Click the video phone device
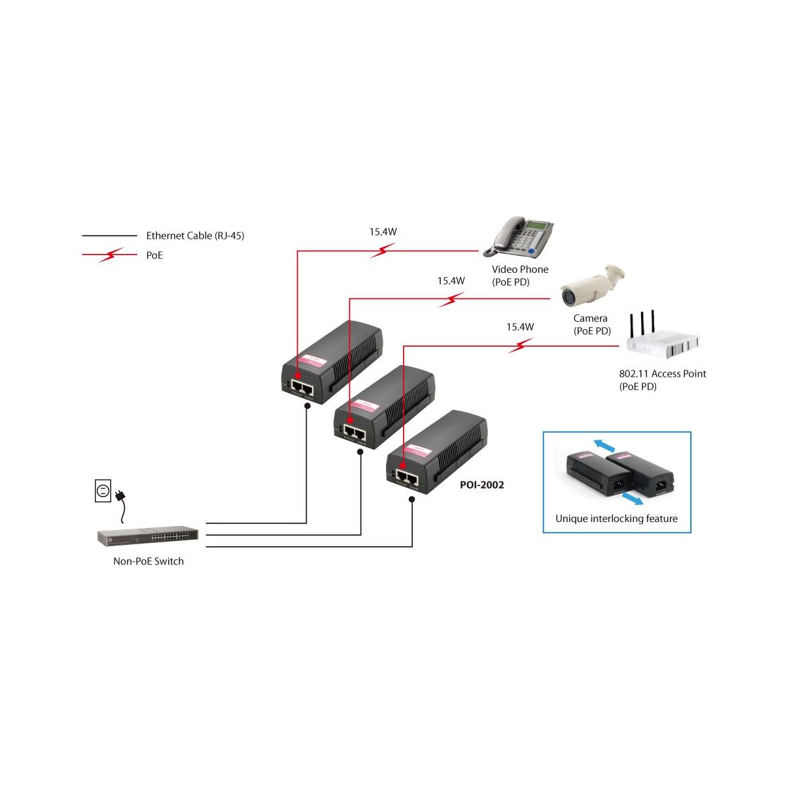[520, 236]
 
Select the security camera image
[591, 286]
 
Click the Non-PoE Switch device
[148, 536]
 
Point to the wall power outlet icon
[103, 491]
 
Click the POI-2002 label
[481, 485]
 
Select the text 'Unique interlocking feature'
[616, 519]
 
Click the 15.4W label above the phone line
[383, 232]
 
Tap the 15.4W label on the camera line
[451, 281]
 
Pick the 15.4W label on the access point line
[520, 327]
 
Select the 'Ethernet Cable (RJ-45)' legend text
[195, 235]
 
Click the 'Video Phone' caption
[520, 269]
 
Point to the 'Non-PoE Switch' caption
[148, 561]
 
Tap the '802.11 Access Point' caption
[663, 374]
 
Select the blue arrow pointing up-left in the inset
[604, 446]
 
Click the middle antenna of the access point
[642, 324]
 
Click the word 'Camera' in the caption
[590, 319]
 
